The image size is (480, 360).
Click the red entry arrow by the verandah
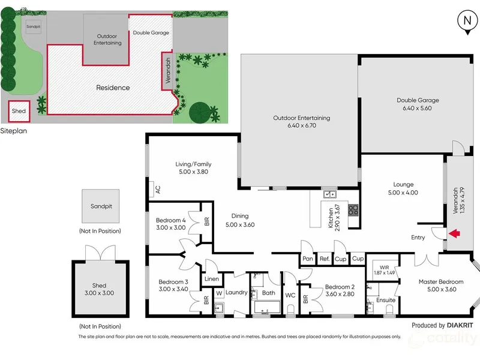455,233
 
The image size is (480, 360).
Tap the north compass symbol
467,22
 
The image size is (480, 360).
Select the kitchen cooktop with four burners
353,211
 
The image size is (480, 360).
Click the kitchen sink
330,194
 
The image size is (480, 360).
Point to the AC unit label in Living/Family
158,190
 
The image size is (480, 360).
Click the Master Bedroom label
441,281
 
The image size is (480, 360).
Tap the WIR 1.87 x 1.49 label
384,270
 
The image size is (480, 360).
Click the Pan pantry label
308,259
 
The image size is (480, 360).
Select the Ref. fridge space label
325,259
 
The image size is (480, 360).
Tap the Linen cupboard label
212,279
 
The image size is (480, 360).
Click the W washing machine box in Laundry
219,293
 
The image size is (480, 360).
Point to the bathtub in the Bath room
267,307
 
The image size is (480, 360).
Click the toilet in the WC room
290,309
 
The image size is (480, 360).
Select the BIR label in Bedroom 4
206,221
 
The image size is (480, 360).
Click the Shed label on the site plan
19,111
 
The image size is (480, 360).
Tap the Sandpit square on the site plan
34,26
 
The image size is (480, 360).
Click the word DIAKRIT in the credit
460,325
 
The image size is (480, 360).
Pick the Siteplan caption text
13,131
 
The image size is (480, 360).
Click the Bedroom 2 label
340,287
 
